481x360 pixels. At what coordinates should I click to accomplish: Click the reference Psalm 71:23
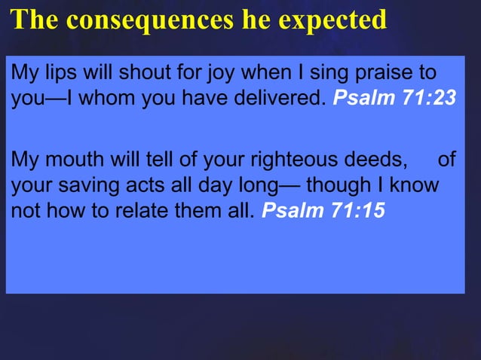pyautogui.click(x=394, y=99)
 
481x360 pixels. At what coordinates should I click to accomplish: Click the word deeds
pyautogui.click(x=378, y=160)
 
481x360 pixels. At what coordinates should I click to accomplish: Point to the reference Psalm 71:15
pyautogui.click(x=323, y=210)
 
